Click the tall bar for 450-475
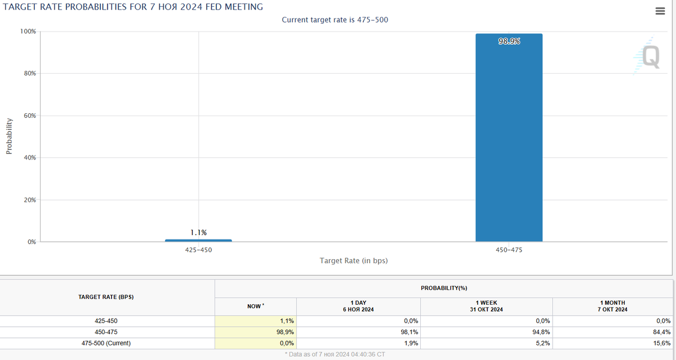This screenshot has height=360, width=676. pos(509,141)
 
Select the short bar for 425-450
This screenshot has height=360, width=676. pos(198,240)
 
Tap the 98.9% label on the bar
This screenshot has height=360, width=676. pos(509,41)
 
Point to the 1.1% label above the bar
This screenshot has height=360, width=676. pos(198,232)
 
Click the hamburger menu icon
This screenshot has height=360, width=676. pos(660,11)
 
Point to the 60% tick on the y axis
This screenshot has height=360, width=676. pos(29,115)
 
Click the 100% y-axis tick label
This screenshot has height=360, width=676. pos(28,32)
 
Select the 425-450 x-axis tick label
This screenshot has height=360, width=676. pos(198,250)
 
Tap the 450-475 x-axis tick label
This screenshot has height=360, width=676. pos(509,250)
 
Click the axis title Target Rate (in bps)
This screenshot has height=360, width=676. pos(354,261)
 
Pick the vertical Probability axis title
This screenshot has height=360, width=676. pos(9,136)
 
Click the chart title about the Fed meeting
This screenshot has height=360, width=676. pos(133,7)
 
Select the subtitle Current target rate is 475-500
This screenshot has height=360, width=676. pos(335,20)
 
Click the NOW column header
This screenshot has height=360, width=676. pos(255,306)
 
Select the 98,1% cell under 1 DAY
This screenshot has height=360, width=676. pos(410,332)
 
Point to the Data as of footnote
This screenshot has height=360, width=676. pos(335,354)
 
